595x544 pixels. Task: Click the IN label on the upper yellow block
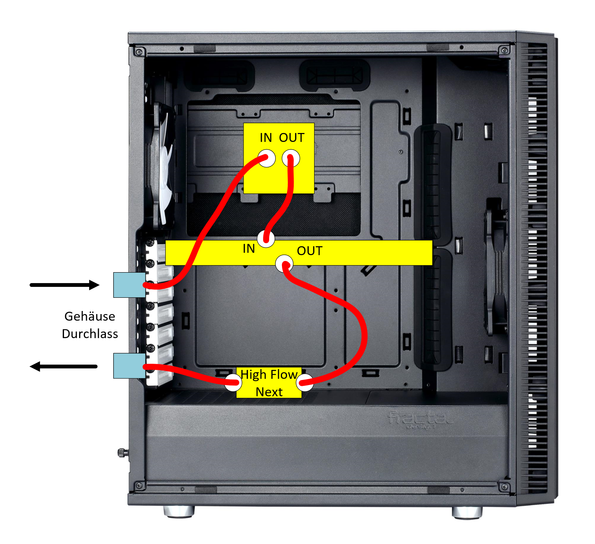pyautogui.click(x=266, y=138)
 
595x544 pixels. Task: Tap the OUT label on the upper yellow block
pyautogui.click(x=292, y=138)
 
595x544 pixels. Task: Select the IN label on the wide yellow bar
pyautogui.click(x=249, y=249)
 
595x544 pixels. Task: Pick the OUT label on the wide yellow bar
pyautogui.click(x=310, y=251)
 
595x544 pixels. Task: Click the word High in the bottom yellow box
pyautogui.click(x=253, y=375)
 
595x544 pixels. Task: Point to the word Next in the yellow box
pyautogui.click(x=269, y=392)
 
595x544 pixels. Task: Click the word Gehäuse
pyautogui.click(x=90, y=316)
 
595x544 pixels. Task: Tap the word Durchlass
pyautogui.click(x=90, y=334)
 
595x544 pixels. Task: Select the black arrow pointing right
pyautogui.click(x=64, y=285)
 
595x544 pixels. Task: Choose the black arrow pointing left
pyautogui.click(x=64, y=367)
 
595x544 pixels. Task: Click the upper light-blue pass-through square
pyautogui.click(x=129, y=285)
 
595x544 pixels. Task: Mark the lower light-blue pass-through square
pyautogui.click(x=129, y=366)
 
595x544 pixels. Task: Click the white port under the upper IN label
pyautogui.click(x=266, y=158)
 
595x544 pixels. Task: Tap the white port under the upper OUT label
pyautogui.click(x=291, y=159)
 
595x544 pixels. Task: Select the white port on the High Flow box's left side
pyautogui.click(x=233, y=383)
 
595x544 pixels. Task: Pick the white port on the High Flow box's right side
pyautogui.click(x=304, y=383)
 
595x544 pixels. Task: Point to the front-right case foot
pyautogui.click(x=467, y=513)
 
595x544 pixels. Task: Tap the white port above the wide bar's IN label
pyautogui.click(x=266, y=239)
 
